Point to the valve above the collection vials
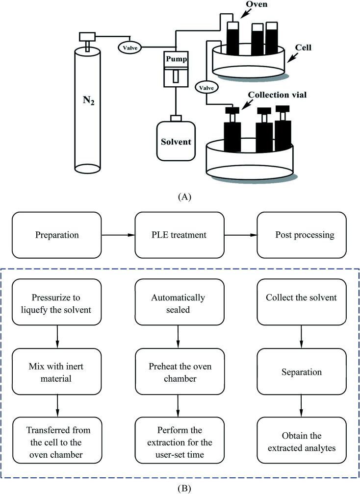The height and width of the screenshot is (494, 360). point(206,87)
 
